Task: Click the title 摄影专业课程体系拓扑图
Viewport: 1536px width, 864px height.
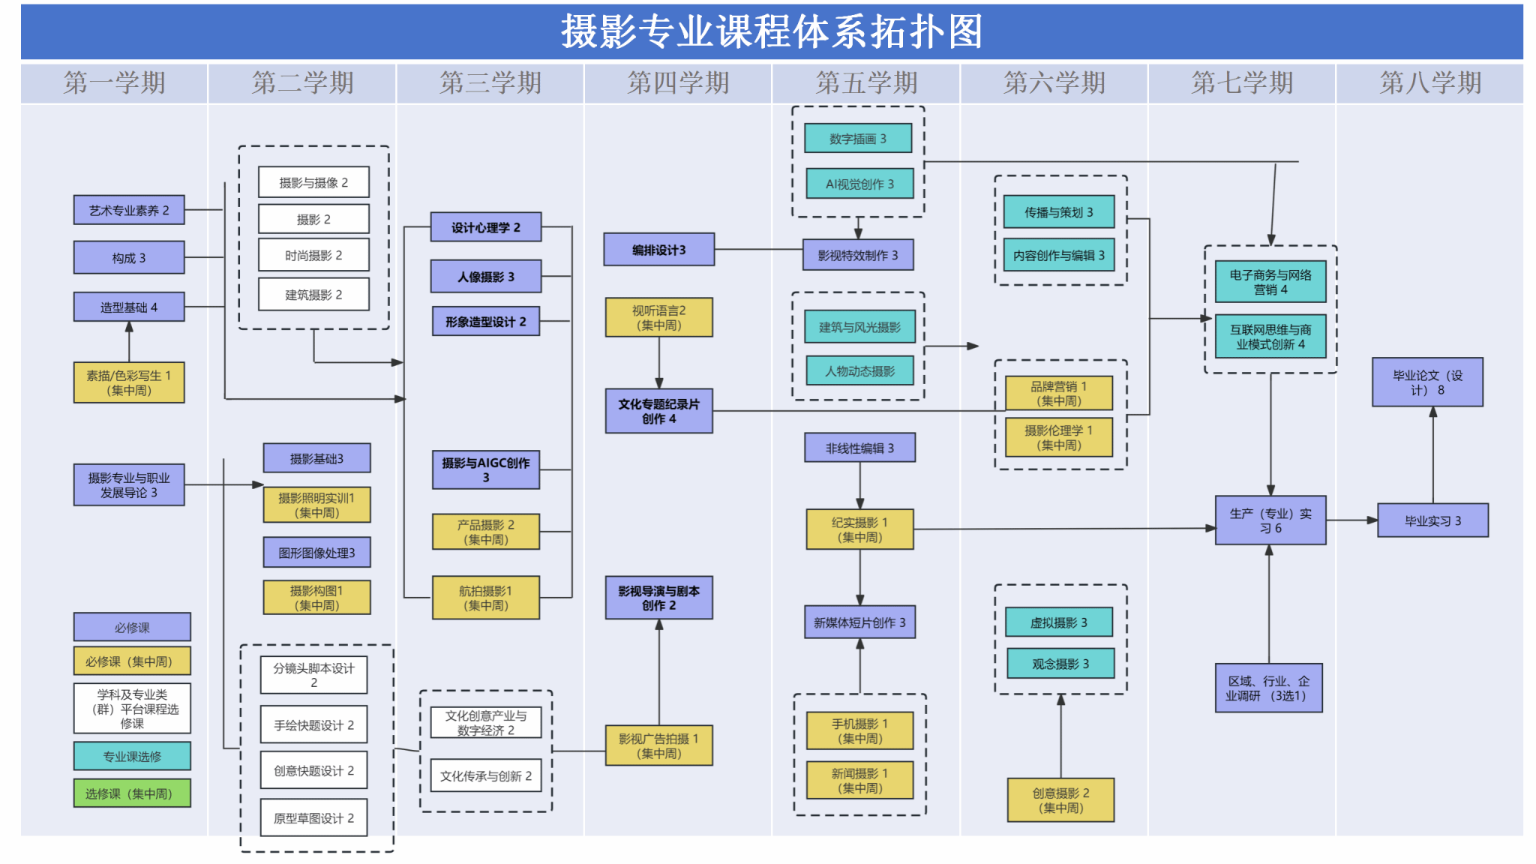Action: click(772, 31)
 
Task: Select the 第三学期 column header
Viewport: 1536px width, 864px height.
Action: click(490, 83)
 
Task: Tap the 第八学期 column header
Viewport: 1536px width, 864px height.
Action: click(1430, 83)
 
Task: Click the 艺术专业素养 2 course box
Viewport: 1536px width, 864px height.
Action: click(129, 210)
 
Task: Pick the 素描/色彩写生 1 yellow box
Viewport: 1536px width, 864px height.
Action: click(129, 382)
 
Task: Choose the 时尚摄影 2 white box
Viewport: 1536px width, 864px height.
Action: click(313, 255)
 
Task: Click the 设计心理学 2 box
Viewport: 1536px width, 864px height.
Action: click(485, 227)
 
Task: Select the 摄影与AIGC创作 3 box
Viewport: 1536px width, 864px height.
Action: click(485, 470)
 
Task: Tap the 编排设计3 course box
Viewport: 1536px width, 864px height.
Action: click(658, 250)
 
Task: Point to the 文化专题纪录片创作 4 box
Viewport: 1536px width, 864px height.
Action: click(658, 411)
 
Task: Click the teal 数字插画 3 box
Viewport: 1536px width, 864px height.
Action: click(858, 139)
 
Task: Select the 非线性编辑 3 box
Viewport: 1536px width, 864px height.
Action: click(859, 448)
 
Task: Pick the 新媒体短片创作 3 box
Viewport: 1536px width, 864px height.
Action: click(859, 622)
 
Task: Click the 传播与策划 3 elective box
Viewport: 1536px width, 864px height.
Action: click(1059, 212)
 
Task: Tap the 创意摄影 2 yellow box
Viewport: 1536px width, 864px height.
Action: click(1060, 800)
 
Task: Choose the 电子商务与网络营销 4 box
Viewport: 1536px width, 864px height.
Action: click(1270, 282)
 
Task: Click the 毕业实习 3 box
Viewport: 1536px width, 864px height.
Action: click(1432, 520)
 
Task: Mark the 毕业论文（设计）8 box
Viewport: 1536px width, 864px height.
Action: click(1427, 382)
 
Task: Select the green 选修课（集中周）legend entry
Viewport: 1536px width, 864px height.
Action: click(132, 793)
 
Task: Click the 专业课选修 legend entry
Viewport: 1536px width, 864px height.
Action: click(132, 756)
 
